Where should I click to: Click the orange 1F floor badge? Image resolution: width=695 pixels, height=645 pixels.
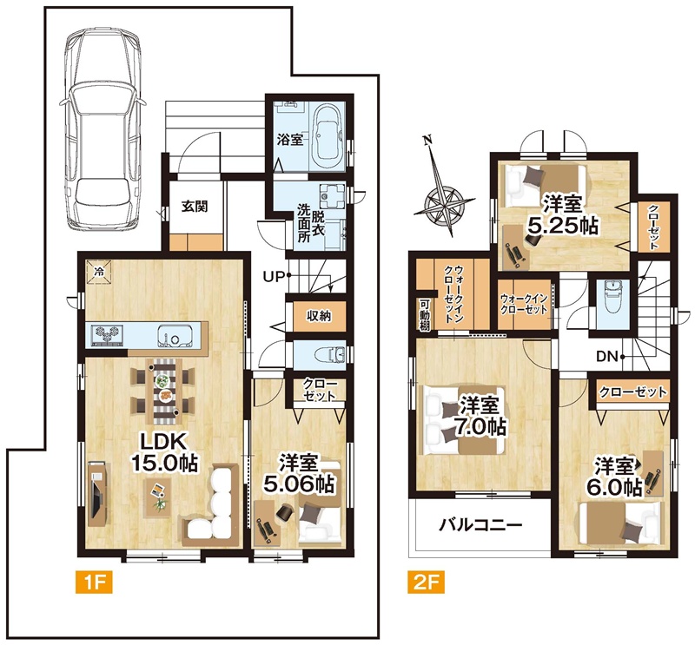coord(95,582)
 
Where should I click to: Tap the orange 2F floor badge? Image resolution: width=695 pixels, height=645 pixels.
coord(426,582)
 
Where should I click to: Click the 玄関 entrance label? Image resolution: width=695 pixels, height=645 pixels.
coord(195,207)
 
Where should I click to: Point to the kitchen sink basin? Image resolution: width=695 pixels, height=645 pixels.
coord(175,336)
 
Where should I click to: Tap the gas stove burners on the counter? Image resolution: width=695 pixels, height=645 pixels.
coord(106,335)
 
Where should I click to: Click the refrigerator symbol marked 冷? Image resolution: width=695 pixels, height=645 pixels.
coord(99,272)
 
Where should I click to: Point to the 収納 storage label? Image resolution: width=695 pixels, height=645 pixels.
coord(318,316)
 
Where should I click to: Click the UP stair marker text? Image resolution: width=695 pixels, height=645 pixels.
coord(273,277)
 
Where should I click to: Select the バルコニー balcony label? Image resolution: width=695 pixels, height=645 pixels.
coord(480,526)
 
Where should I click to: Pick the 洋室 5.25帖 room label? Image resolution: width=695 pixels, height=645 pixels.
coord(562,215)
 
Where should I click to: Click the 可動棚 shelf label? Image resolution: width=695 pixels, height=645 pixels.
coord(424,314)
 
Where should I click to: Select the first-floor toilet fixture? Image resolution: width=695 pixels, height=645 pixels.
coord(329,354)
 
